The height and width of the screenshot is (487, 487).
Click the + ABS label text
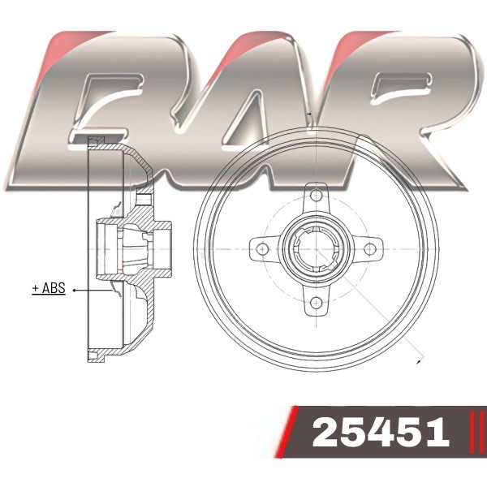49,288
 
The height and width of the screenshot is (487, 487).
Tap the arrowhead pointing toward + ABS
75,290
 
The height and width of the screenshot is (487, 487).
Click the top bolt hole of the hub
316,196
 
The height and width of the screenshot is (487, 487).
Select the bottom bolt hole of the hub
316,302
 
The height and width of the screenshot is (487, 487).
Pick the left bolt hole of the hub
263,249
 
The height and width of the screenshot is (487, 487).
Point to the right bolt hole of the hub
369,249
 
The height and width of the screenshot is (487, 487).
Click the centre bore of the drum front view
316,249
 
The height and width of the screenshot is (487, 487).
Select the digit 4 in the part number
382,432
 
